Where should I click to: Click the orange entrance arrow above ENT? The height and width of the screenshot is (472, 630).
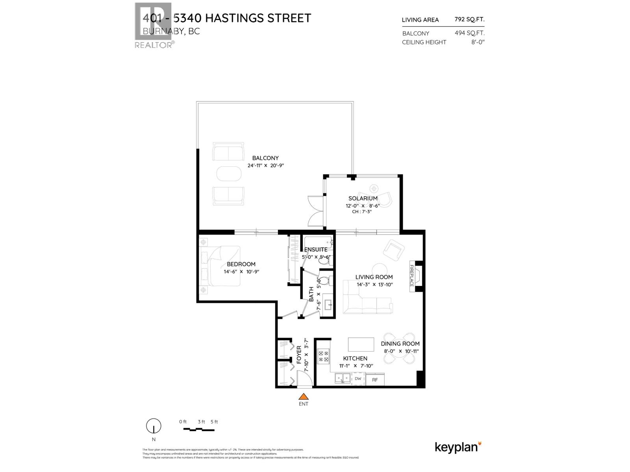point(303,396)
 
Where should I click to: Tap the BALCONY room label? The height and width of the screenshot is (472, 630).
point(265,158)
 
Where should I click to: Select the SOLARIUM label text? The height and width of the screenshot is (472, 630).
point(363,198)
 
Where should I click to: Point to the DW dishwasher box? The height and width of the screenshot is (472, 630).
point(358,379)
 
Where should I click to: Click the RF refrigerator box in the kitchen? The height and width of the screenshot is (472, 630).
point(375,380)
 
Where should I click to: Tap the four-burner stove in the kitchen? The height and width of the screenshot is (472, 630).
point(323,356)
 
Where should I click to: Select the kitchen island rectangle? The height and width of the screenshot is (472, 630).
point(361,344)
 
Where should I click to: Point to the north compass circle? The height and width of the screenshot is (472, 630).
point(154,426)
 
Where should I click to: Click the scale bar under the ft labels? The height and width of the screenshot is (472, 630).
point(199,430)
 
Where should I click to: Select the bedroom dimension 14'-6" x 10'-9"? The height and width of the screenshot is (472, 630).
point(241,272)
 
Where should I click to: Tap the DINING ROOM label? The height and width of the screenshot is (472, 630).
point(400,343)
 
